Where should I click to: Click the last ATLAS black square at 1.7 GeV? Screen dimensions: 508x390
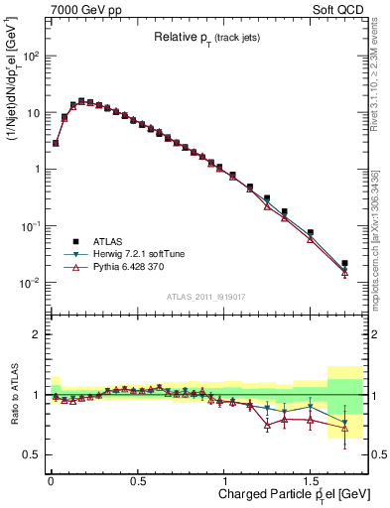(344, 263)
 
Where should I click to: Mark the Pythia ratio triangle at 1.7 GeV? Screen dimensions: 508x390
(344, 429)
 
